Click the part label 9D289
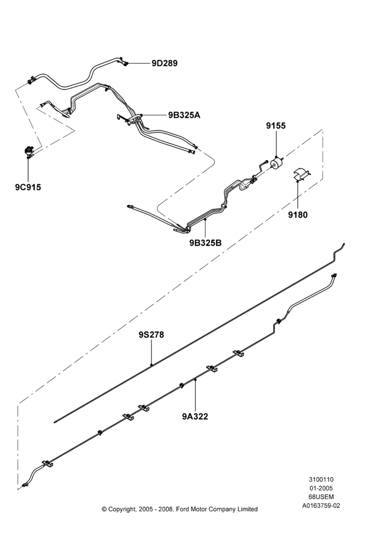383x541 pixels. point(164,63)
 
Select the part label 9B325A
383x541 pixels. point(184,115)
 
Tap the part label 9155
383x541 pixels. point(276,126)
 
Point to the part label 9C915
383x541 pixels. point(28,187)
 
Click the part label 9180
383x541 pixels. point(298,215)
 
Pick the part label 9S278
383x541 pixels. point(151,335)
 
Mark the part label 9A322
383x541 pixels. point(195,417)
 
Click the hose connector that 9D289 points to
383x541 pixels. point(125,63)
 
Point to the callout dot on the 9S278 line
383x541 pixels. point(151,364)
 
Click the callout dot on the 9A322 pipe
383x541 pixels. point(195,380)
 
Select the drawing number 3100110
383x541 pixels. point(321,479)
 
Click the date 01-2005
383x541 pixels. point(321,488)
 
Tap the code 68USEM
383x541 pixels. point(321,497)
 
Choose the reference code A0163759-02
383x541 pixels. point(321,506)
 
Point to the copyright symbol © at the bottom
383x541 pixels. point(104,509)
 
